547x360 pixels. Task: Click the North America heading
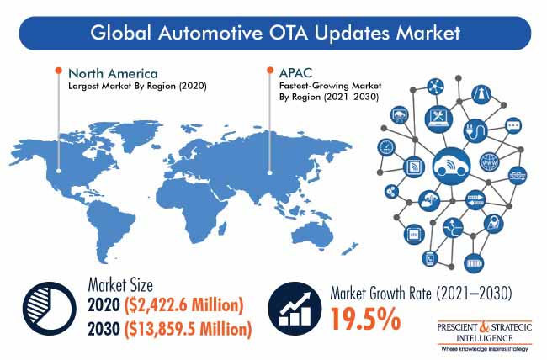pyautogui.click(x=113, y=74)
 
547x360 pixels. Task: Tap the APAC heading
pyautogui.click(x=295, y=73)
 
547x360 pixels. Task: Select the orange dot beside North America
pyautogui.click(x=59, y=71)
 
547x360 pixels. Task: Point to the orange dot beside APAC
pyautogui.click(x=270, y=71)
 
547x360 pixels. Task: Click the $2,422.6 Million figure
pyautogui.click(x=183, y=305)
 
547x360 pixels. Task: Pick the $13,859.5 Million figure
pyautogui.click(x=188, y=329)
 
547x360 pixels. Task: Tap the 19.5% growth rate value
pyautogui.click(x=365, y=319)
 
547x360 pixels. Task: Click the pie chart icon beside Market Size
pyautogui.click(x=49, y=309)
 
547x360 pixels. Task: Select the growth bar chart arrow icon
pyautogui.click(x=295, y=309)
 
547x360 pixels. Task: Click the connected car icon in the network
pyautogui.click(x=452, y=166)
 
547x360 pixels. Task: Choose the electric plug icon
pyautogui.click(x=476, y=131)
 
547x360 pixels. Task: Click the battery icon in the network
pyautogui.click(x=474, y=263)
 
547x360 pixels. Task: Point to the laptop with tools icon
pyautogui.click(x=438, y=119)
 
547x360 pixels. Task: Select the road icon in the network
pyautogui.click(x=481, y=94)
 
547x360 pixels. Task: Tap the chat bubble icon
pyautogui.click(x=513, y=125)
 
